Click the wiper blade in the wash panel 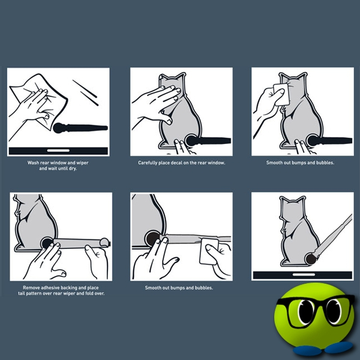(x=81, y=127)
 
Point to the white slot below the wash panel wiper (x=58, y=149)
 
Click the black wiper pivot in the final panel (x=310, y=259)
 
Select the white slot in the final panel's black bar (x=301, y=275)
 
